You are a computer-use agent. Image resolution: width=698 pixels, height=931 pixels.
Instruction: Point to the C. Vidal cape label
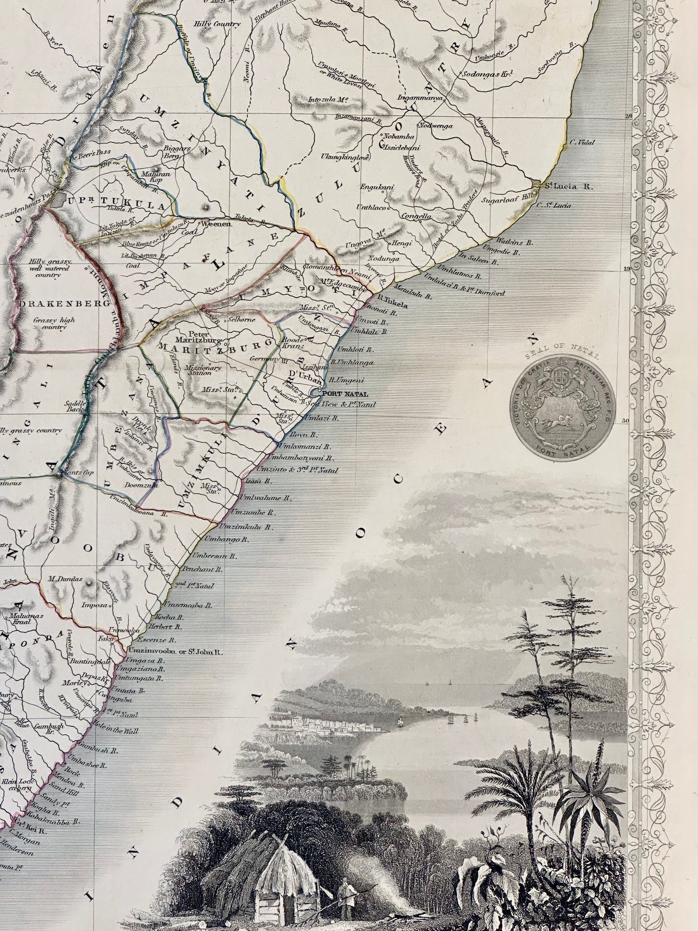(x=582, y=143)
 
